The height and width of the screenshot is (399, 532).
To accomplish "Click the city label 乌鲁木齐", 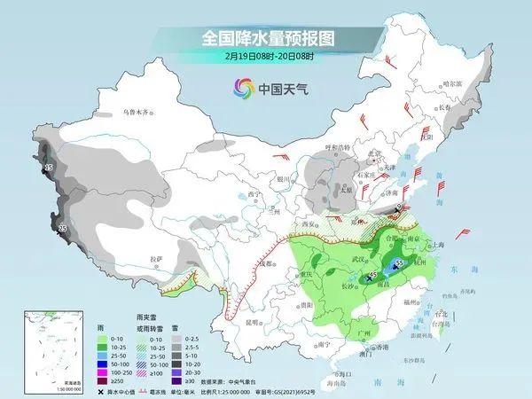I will tap(137, 113).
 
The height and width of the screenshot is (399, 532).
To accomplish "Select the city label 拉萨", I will tap(156, 258).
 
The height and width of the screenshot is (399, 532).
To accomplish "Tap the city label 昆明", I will tap(254, 322).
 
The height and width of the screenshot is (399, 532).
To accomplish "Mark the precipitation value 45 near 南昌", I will tap(375, 276).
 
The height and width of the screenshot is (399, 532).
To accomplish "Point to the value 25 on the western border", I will tap(62, 229).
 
